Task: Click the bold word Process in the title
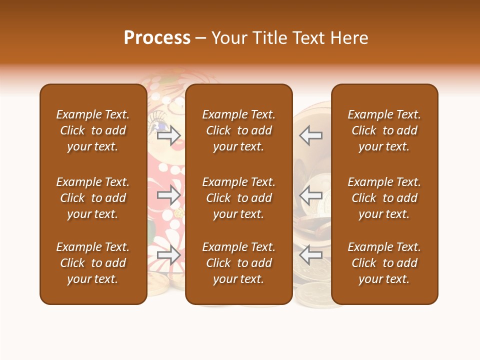157,38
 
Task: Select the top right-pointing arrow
168,135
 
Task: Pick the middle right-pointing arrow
168,195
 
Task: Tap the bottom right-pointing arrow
168,255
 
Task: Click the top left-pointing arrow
311,135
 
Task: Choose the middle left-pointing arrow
311,195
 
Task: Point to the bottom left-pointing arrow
311,255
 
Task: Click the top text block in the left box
93,130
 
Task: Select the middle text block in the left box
93,198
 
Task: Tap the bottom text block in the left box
93,263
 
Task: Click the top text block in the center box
238,130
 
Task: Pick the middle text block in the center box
238,198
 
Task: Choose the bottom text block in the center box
238,263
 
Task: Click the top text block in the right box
384,130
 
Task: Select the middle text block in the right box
384,198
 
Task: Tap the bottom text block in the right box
384,263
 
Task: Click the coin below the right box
312,295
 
